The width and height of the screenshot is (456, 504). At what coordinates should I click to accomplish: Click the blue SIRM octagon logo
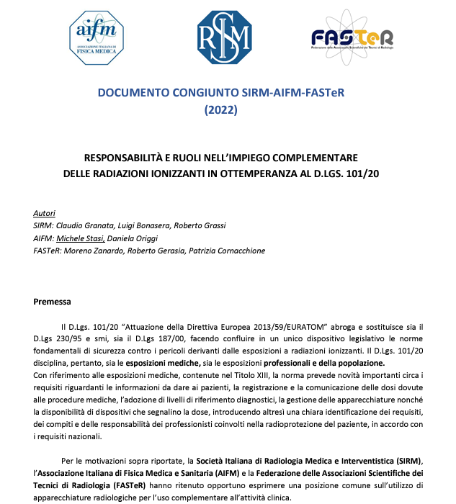(x=225, y=37)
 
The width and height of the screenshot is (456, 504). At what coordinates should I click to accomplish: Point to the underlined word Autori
(x=44, y=214)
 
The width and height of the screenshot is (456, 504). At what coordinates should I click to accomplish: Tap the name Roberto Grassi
(x=196, y=226)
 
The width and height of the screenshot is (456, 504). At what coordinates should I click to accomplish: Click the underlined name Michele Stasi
(x=82, y=238)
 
